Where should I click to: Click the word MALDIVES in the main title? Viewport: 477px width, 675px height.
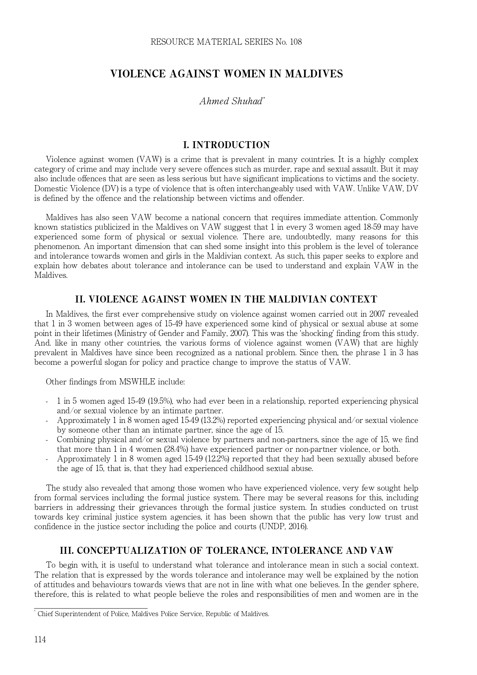coord(314,74)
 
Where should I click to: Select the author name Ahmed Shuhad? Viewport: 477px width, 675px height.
coord(231,102)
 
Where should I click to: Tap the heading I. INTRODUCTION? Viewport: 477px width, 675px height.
coord(226,145)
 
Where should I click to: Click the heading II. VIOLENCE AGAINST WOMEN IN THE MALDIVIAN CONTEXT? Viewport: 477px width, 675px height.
coord(226,299)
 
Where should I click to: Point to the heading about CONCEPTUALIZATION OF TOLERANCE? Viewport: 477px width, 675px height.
coord(226,551)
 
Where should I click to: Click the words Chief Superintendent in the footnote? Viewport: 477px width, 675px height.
coord(69,614)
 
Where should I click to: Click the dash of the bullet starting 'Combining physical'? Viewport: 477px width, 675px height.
coord(47,440)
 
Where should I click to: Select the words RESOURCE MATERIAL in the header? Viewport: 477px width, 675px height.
coord(196,42)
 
